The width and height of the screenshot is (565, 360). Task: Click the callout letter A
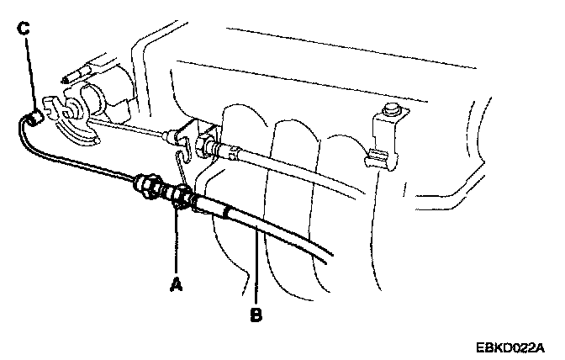(176, 284)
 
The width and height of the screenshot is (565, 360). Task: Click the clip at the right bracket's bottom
(376, 157)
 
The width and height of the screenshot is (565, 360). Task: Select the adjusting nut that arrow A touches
(177, 196)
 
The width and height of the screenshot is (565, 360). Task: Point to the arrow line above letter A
(176, 244)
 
